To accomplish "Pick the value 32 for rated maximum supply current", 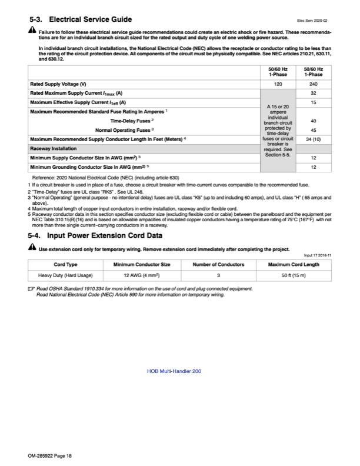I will point(313,94).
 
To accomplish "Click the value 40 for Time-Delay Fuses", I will point(313,121).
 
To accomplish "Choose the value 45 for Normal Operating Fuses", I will point(313,130).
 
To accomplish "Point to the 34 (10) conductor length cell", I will point(313,139).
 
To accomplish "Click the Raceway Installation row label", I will point(55,149).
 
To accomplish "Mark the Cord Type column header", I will point(65,264).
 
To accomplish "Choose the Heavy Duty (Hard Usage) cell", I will point(65,275).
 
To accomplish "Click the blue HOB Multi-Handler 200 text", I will point(174,372).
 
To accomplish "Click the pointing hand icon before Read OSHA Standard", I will point(31,289).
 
